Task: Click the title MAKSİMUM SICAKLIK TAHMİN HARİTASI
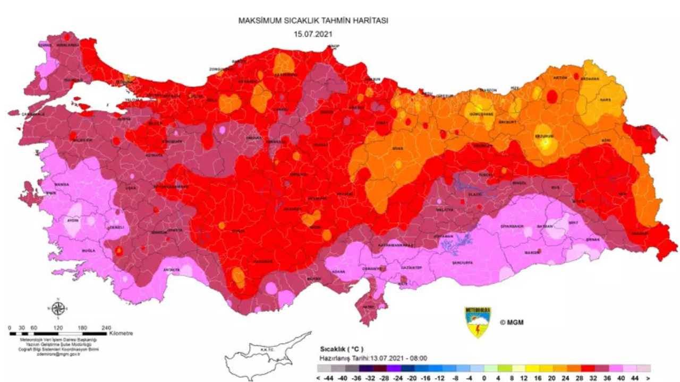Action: point(313,21)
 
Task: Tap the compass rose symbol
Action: point(59,308)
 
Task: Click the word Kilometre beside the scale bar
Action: point(121,334)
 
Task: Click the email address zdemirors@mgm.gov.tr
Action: point(58,354)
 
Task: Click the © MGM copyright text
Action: point(511,322)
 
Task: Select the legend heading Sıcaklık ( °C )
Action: point(342,349)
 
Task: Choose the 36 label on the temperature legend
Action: point(608,378)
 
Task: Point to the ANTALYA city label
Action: point(171,270)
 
